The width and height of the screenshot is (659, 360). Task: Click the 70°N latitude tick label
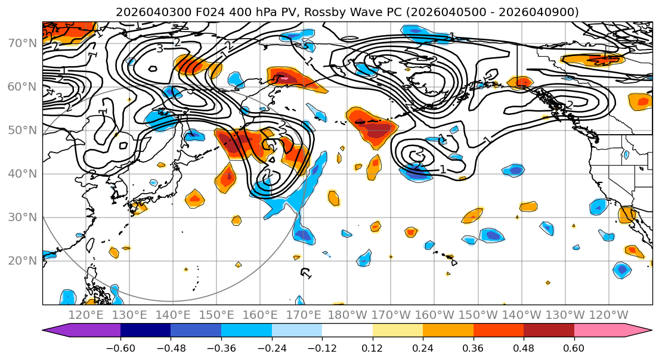[21, 43]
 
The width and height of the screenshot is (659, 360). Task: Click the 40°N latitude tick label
[21, 173]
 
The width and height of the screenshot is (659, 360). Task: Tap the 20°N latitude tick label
[21, 260]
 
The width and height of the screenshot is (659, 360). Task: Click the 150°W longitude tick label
[478, 315]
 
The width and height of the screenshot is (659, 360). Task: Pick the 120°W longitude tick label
[608, 315]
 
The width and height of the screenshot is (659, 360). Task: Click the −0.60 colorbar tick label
[120, 347]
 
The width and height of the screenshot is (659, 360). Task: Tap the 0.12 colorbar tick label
[373, 347]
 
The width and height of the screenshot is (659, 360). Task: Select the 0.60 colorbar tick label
[574, 347]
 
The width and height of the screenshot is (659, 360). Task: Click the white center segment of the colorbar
[347, 331]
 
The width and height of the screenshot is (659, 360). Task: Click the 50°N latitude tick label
[21, 130]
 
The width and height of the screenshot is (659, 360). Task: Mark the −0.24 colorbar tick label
[271, 347]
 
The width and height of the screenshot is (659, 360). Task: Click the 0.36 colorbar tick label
[474, 347]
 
